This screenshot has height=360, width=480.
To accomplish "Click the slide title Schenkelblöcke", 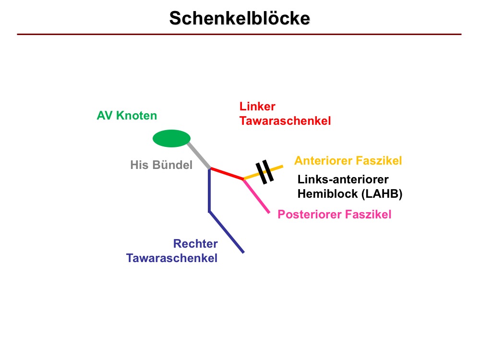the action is click(240, 18).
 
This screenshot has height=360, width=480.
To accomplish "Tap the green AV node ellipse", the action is click(171, 138).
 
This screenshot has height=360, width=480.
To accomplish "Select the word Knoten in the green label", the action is click(136, 116).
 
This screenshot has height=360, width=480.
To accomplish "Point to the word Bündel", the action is click(173, 165).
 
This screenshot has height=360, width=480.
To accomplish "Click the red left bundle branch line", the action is click(227, 174).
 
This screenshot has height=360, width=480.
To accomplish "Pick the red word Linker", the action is click(257, 107).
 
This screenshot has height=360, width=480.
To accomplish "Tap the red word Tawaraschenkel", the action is click(285, 121).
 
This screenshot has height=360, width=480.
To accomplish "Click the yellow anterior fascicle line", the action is click(263, 172).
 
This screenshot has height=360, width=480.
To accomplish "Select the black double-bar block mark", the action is click(264, 172).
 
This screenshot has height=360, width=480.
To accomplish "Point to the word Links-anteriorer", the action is click(343, 180).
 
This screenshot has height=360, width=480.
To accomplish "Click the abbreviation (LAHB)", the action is click(382, 194).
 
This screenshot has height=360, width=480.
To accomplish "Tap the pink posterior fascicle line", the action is click(256, 196).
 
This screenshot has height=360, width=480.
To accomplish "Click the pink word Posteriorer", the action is click(310, 214).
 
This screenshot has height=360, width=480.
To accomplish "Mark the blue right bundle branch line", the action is click(209, 211).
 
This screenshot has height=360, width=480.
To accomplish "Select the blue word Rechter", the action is click(195, 244).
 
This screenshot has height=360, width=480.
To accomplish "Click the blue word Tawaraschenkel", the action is click(172, 258).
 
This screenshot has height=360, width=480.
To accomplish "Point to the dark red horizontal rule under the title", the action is click(239, 34).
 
